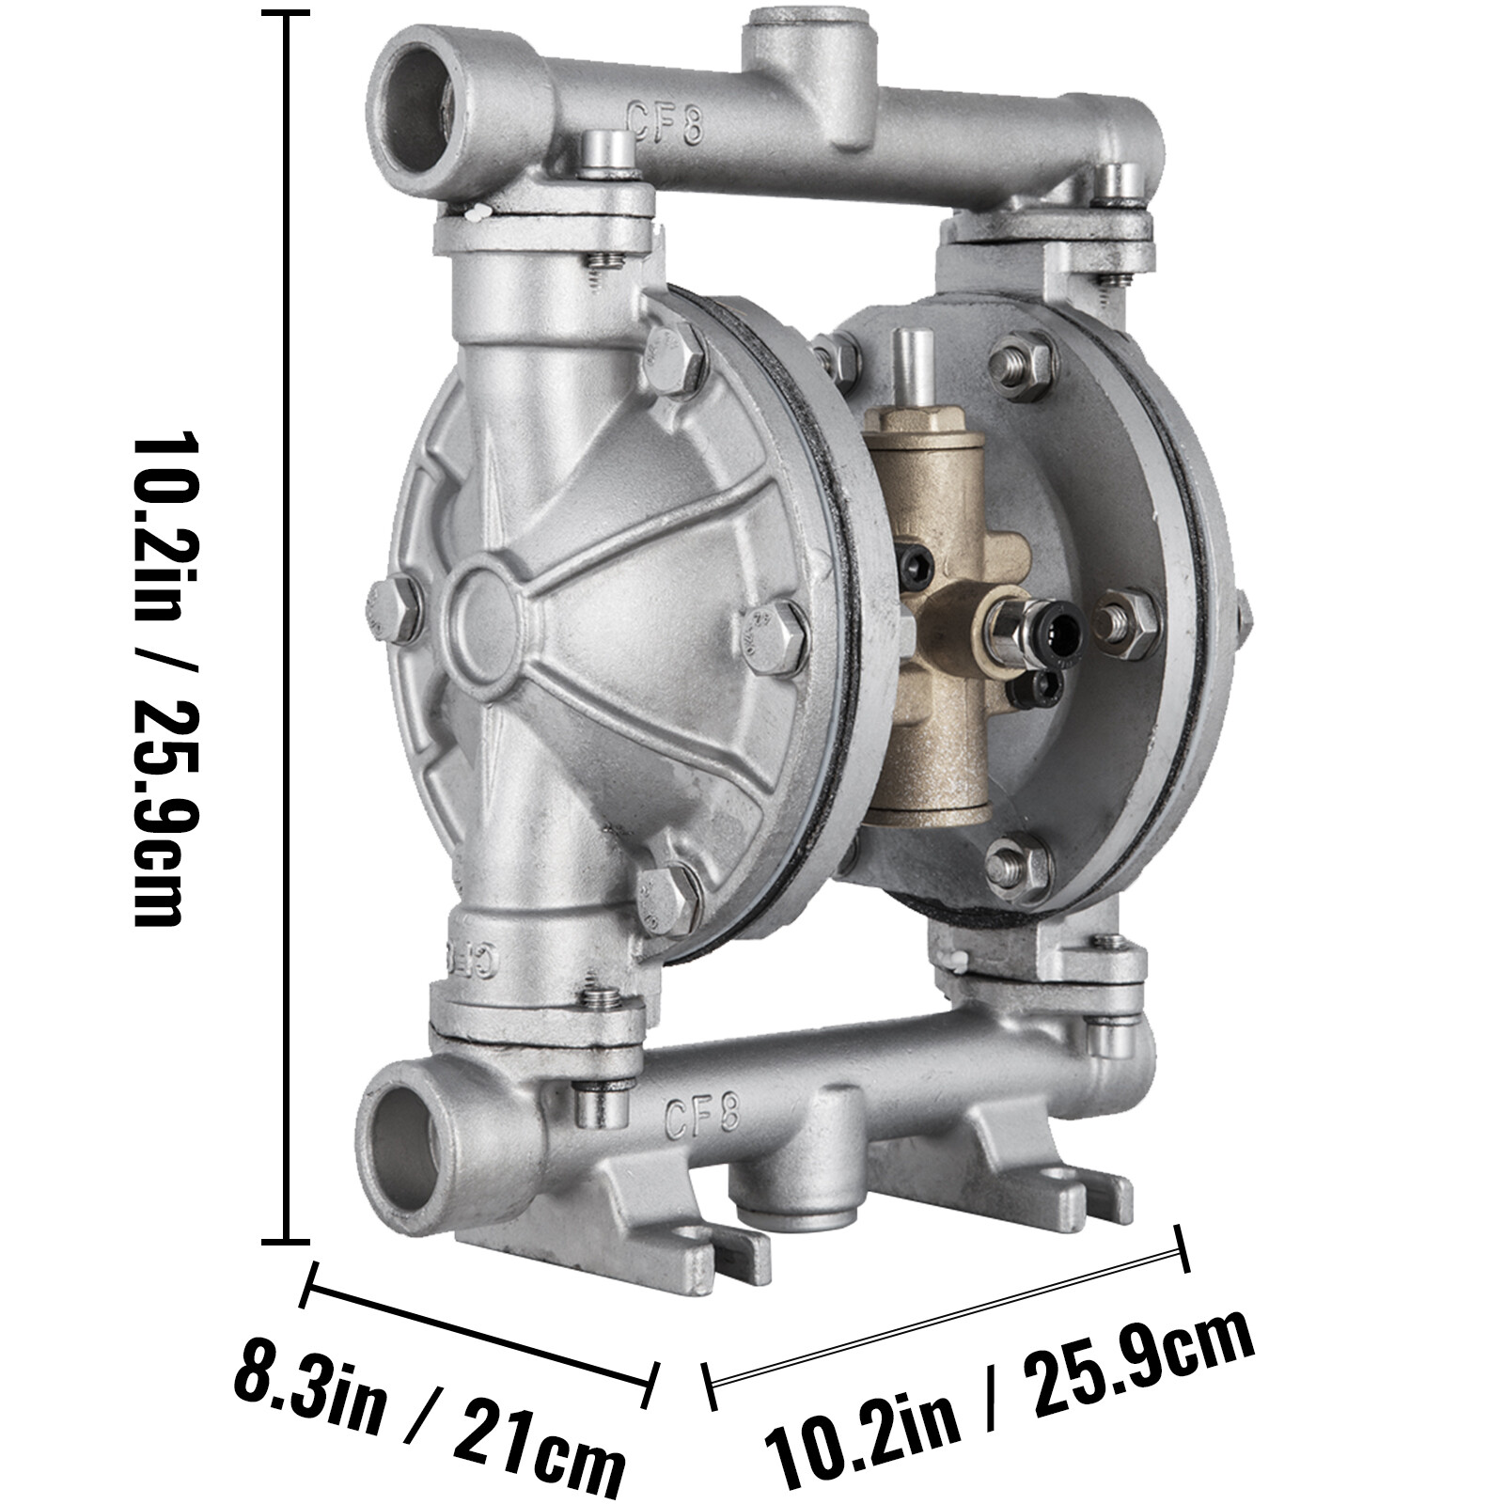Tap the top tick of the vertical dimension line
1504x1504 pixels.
pos(286,15)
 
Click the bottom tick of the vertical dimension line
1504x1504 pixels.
pos(286,1241)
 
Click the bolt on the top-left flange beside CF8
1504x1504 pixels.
pos(607,152)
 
